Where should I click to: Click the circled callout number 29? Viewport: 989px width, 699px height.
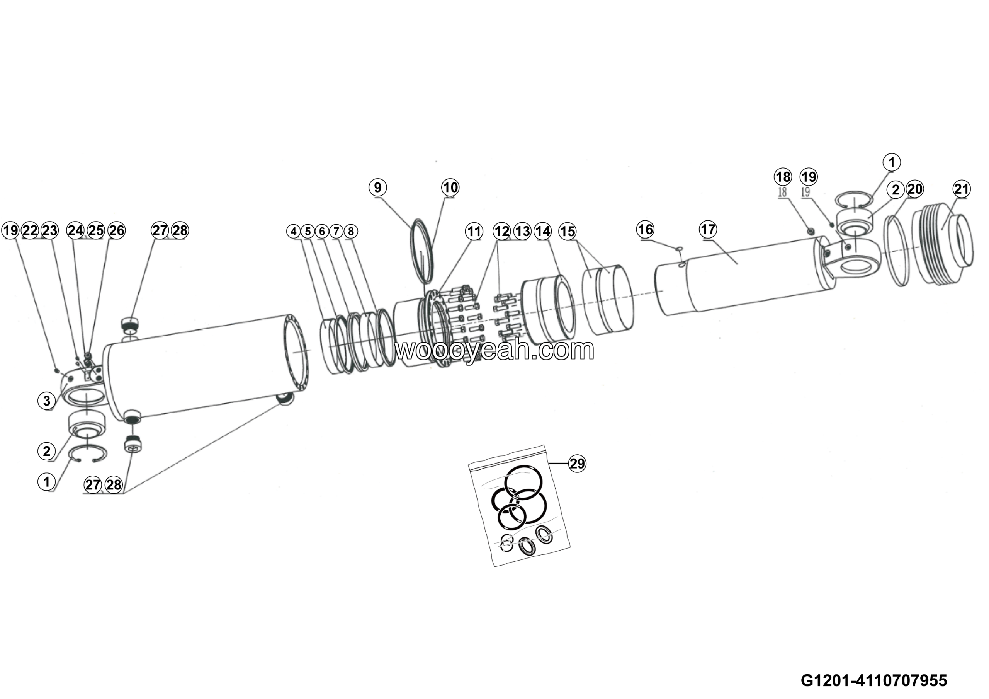[577, 463]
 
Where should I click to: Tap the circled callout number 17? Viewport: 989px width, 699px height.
[708, 229]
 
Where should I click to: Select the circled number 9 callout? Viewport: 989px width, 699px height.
[378, 187]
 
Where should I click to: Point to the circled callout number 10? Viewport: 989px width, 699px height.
[450, 187]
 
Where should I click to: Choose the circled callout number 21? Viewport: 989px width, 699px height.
[962, 189]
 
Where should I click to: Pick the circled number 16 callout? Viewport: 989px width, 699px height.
[645, 229]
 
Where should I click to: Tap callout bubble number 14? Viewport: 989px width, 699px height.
[543, 232]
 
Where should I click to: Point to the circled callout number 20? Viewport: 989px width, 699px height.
[914, 189]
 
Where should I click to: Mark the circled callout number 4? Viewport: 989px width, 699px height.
[293, 232]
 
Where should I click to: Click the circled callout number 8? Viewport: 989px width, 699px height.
[351, 232]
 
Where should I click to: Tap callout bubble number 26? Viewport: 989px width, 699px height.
[116, 230]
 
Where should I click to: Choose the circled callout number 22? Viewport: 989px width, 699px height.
[30, 230]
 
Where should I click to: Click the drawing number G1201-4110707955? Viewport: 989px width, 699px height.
[873, 680]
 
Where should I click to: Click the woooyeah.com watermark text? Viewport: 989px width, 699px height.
[494, 349]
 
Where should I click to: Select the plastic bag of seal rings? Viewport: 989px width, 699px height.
[519, 506]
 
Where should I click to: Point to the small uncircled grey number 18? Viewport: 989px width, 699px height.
[782, 192]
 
